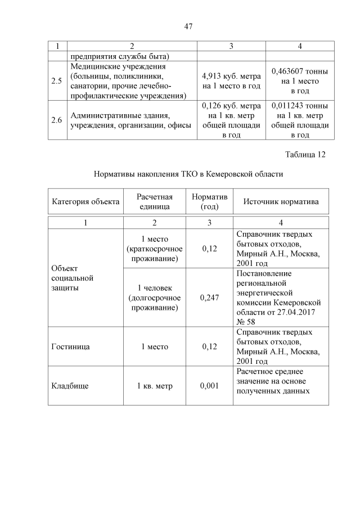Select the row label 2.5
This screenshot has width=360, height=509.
coord(56,81)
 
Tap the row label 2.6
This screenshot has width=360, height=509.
coord(56,120)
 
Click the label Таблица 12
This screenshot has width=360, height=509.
coord(305,155)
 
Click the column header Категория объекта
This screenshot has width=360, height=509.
coord(85,201)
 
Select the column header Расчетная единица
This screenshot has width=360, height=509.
coord(154,201)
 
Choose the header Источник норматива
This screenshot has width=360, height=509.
coord(281,201)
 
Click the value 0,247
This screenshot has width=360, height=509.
coord(209,298)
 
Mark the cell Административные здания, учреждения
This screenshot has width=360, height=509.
coord(130,120)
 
